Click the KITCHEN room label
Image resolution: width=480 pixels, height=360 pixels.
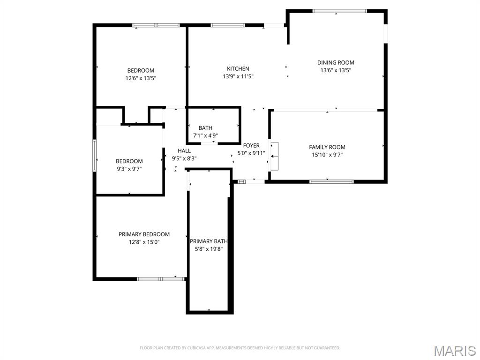(x=238, y=68)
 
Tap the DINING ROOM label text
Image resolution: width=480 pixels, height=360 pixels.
(x=336, y=62)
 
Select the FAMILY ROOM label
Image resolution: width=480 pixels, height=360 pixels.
(x=327, y=147)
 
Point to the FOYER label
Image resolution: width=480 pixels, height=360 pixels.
(x=251, y=145)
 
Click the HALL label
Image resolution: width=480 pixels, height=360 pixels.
(x=184, y=150)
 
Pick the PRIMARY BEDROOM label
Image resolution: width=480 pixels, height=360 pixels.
(x=144, y=234)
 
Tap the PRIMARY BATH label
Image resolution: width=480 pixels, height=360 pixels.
(x=209, y=241)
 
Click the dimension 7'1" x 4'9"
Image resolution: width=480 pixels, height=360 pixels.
(x=205, y=135)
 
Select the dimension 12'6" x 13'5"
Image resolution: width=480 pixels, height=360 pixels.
(x=141, y=79)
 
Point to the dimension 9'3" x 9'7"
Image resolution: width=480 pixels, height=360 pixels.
(x=129, y=169)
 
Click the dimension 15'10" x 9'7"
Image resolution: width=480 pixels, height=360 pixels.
(x=327, y=155)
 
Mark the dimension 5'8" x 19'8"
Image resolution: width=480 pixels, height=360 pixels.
(x=209, y=249)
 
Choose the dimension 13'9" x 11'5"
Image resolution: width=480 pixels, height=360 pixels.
(x=238, y=76)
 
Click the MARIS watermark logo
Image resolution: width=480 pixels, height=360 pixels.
(x=454, y=351)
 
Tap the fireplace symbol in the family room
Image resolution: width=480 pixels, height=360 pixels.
(x=274, y=156)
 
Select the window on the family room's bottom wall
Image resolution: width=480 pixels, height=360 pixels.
(x=331, y=181)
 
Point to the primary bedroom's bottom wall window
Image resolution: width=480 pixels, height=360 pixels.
(x=161, y=279)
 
